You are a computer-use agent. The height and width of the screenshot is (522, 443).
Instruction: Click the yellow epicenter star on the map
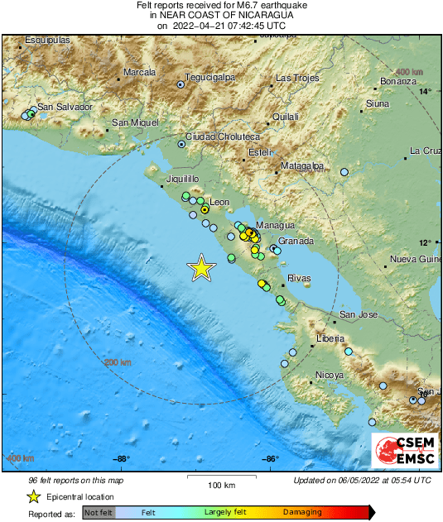click(x=201, y=268)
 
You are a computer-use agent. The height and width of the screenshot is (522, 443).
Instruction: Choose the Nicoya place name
click(x=329, y=376)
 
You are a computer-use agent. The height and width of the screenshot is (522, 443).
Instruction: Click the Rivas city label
click(x=298, y=279)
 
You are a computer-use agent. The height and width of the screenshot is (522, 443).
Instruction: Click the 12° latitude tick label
click(x=424, y=242)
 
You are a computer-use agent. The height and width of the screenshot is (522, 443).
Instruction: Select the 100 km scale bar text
click(x=221, y=485)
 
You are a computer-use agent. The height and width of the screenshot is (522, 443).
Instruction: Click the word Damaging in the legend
click(x=302, y=513)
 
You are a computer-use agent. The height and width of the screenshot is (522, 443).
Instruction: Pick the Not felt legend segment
click(x=99, y=513)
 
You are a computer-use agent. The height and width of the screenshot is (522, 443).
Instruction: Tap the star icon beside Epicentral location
click(x=34, y=496)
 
